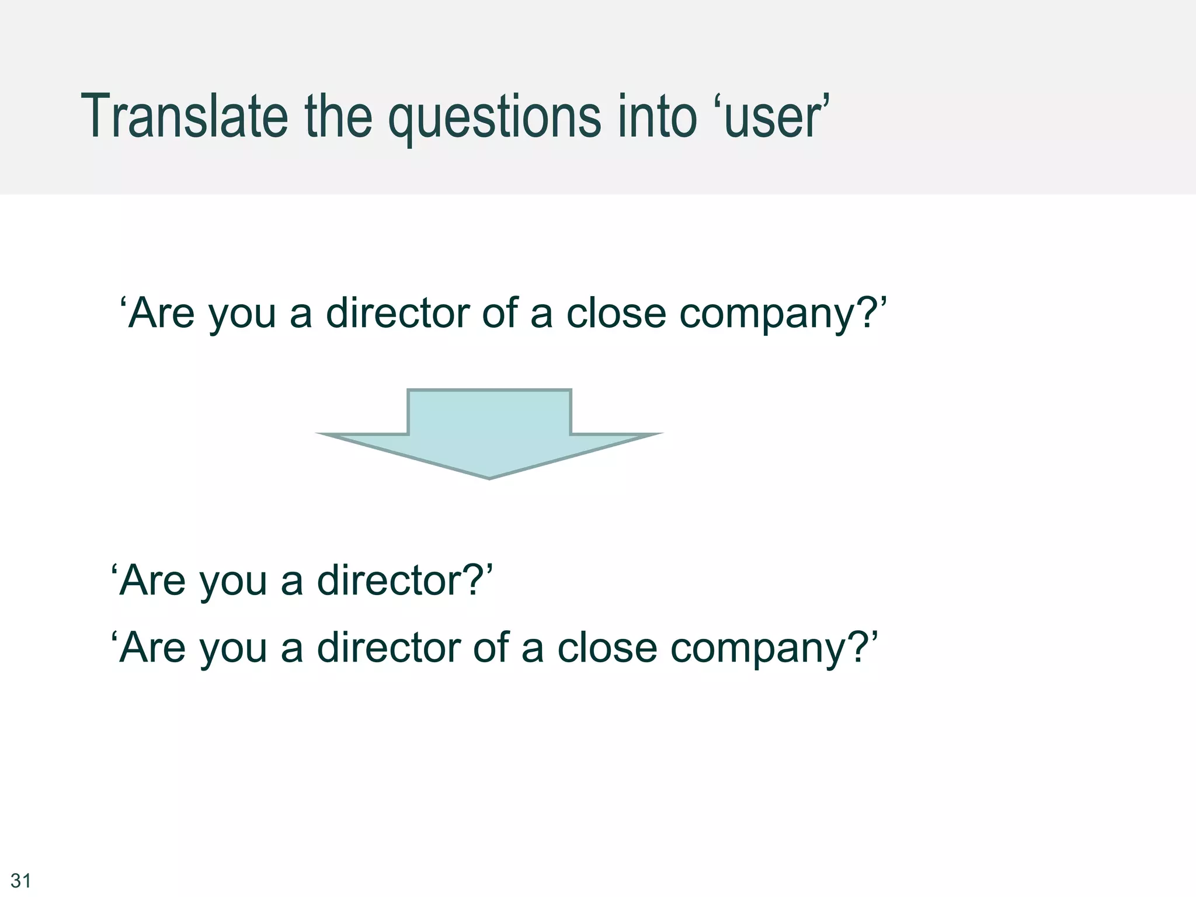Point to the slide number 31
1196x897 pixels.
click(x=21, y=880)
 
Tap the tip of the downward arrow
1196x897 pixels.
click(x=489, y=477)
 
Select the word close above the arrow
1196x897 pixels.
click(x=616, y=313)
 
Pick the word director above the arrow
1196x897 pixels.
click(x=397, y=313)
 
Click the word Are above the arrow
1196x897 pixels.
click(x=161, y=313)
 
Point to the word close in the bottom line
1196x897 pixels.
click(x=607, y=648)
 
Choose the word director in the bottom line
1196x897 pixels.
click(x=388, y=648)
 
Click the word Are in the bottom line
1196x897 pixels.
click(x=152, y=648)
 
